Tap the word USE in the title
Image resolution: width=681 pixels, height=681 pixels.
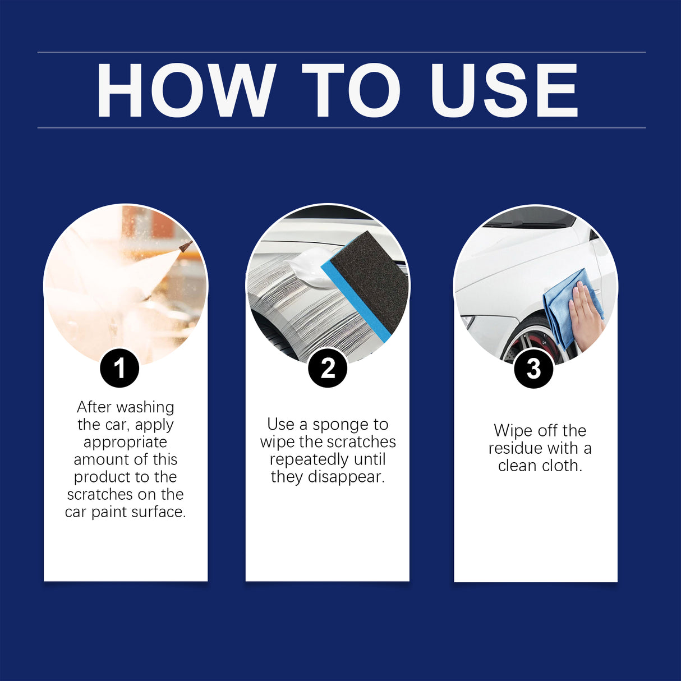coord(504,90)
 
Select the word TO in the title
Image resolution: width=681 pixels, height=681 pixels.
coord(351,90)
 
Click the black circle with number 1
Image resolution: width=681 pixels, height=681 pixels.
coord(119,369)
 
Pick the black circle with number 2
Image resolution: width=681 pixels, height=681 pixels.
coord(328,369)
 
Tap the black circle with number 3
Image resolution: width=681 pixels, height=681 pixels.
coord(533,369)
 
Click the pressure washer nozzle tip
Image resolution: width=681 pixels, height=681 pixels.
coord(186,246)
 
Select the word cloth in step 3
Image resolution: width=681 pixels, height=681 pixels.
coord(560,466)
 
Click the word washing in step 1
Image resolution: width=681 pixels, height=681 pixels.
coord(145,407)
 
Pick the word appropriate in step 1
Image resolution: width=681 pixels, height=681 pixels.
coord(125,442)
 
